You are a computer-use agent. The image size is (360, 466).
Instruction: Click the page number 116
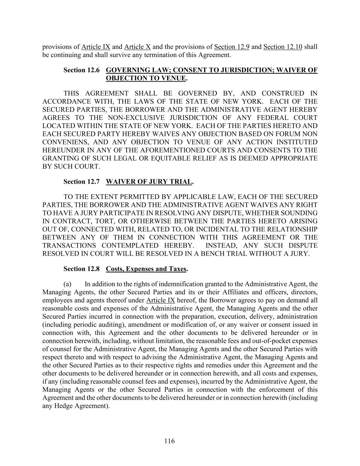[x=169, y=441]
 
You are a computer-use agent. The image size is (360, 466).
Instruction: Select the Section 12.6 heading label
[x=82, y=70]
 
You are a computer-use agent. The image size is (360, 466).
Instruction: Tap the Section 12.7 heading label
[x=82, y=181]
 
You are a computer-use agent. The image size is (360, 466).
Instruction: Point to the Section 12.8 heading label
[x=82, y=269]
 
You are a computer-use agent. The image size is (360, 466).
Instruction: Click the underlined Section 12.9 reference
[x=232, y=47]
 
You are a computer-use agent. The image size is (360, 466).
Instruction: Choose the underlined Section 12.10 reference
[x=283, y=47]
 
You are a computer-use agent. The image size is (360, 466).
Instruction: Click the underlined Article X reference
[x=138, y=47]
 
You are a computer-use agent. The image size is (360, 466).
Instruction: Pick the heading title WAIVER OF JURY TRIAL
[x=149, y=181]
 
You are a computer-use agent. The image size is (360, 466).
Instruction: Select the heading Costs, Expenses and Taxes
[x=146, y=269]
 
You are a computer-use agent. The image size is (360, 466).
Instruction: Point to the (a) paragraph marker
[x=67, y=284]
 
